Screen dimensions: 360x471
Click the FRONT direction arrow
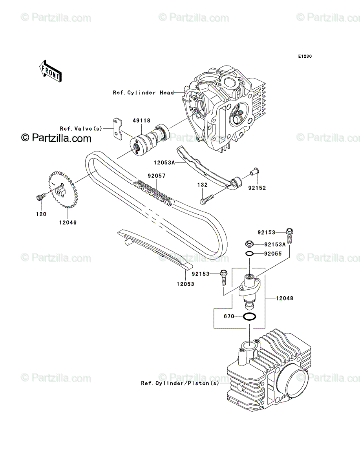(x=50, y=71)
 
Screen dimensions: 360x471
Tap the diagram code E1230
(x=305, y=57)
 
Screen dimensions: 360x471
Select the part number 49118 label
(x=141, y=120)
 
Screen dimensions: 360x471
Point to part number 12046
(x=68, y=223)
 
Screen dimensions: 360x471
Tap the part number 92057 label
(x=156, y=176)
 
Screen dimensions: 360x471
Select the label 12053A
(x=164, y=162)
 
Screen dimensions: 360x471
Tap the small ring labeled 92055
(x=250, y=254)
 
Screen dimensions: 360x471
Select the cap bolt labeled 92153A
(x=249, y=244)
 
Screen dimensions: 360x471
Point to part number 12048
(x=285, y=298)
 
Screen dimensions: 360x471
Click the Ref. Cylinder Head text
(x=143, y=93)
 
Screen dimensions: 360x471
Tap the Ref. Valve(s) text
(x=81, y=129)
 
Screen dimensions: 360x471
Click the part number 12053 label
(x=185, y=284)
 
